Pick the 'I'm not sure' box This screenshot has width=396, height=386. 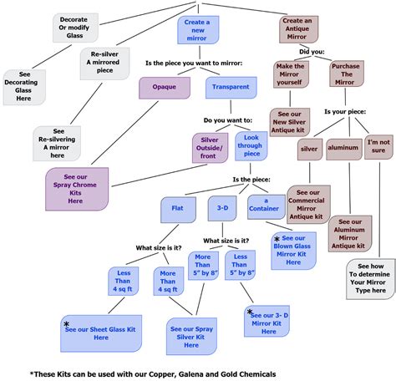(x=379, y=147)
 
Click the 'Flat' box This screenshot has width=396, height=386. (x=178, y=209)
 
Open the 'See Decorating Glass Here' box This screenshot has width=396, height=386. (x=24, y=87)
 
